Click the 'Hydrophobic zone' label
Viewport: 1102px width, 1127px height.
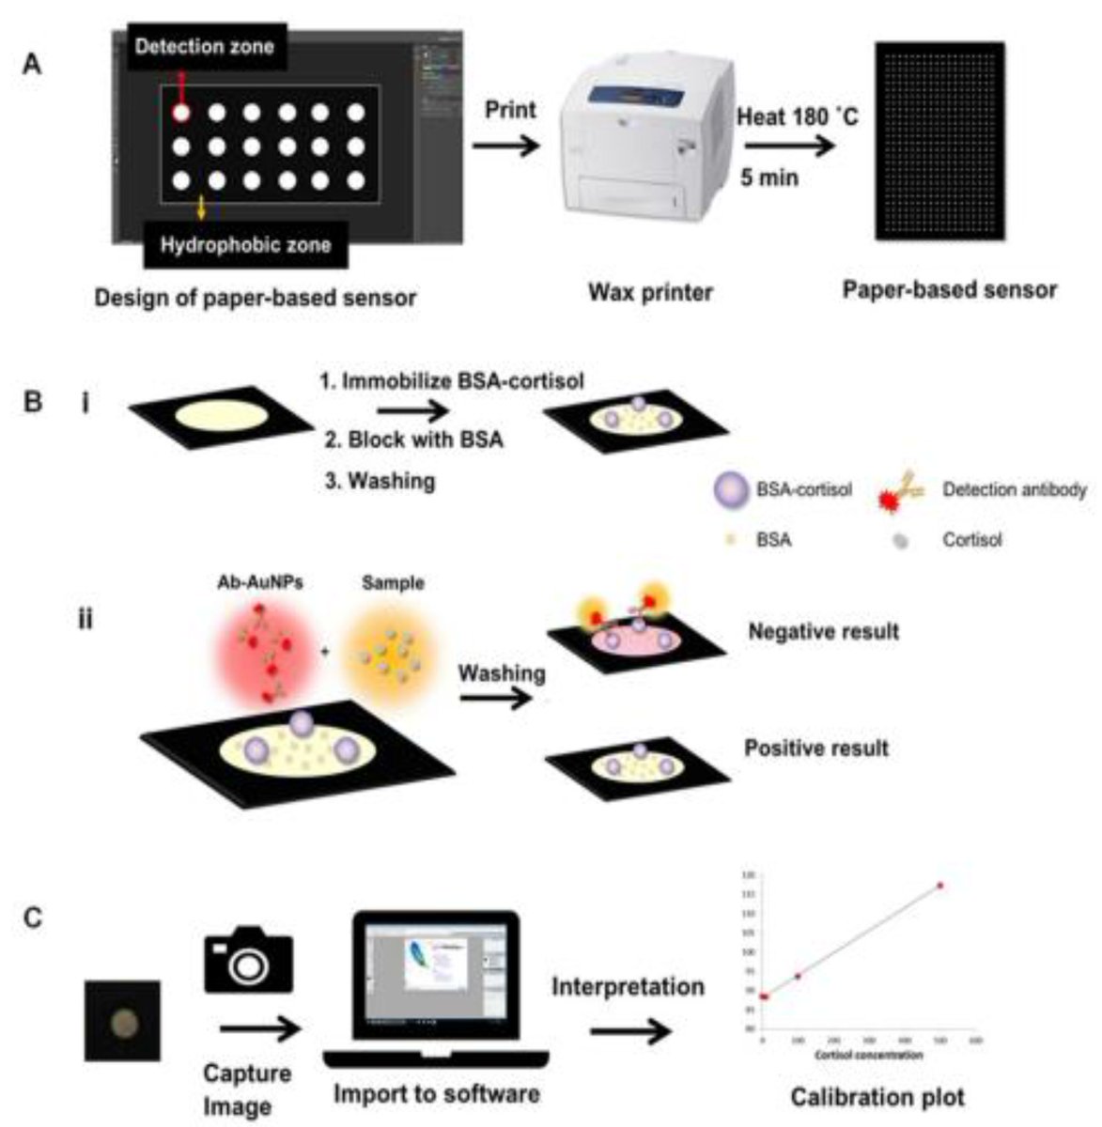(245, 245)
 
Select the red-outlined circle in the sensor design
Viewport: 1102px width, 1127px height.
(182, 113)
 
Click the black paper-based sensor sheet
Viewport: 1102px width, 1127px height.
(939, 142)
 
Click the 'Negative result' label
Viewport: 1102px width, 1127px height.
(822, 631)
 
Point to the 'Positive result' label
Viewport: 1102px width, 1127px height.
(815, 749)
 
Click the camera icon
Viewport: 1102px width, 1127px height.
(248, 959)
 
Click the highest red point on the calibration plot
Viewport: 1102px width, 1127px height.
(939, 885)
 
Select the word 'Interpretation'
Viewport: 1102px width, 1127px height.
(628, 987)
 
